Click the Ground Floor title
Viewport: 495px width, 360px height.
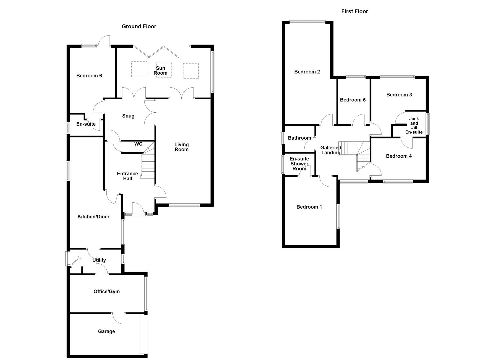[139, 27]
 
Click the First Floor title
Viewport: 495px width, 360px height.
[354, 12]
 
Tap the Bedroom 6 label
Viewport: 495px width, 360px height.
[89, 76]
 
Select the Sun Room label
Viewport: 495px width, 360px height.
[160, 71]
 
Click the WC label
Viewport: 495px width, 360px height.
[138, 144]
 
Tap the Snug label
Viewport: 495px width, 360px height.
[128, 116]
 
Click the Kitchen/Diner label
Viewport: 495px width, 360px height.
[93, 217]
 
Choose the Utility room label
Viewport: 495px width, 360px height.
[99, 260]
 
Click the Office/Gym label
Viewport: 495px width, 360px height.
[106, 292]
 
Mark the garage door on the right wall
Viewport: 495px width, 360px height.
[144, 334]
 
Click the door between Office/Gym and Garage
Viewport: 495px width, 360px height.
[118, 318]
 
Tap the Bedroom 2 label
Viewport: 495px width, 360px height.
[307, 72]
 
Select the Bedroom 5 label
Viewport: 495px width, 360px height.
[353, 100]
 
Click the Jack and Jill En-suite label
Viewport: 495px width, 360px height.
[414, 125]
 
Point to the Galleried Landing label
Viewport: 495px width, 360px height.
[331, 150]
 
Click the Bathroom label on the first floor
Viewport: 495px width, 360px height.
[299, 138]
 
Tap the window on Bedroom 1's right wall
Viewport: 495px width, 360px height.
[338, 216]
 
